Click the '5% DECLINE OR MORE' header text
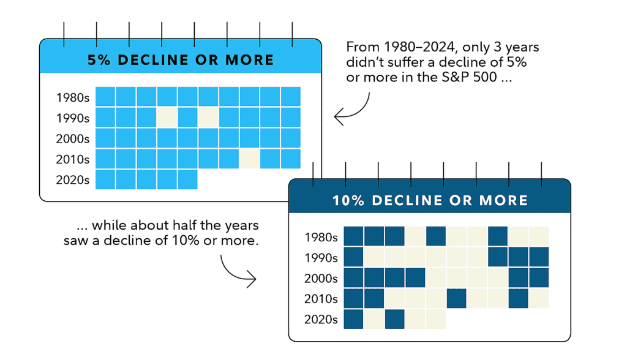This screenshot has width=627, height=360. point(181,60)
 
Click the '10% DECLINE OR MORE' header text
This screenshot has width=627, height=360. point(429,200)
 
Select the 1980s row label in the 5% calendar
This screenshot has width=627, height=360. point(72,97)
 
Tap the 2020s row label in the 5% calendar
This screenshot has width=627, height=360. point(72,180)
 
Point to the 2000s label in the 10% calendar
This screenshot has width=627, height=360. point(321,279)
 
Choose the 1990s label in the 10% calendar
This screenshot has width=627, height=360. point(321,258)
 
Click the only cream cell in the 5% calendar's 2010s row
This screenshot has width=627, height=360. point(249,159)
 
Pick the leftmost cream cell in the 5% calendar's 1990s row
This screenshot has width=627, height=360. point(167,118)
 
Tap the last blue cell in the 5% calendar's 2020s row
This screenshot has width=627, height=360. point(188,180)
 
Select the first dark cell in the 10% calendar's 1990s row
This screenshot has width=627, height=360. point(353,257)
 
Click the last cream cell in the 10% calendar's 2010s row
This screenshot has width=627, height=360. point(539,299)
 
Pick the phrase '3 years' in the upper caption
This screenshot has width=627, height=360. point(518,47)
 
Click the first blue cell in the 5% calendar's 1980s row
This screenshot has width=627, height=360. point(105,97)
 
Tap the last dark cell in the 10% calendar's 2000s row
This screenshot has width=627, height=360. point(539,278)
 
